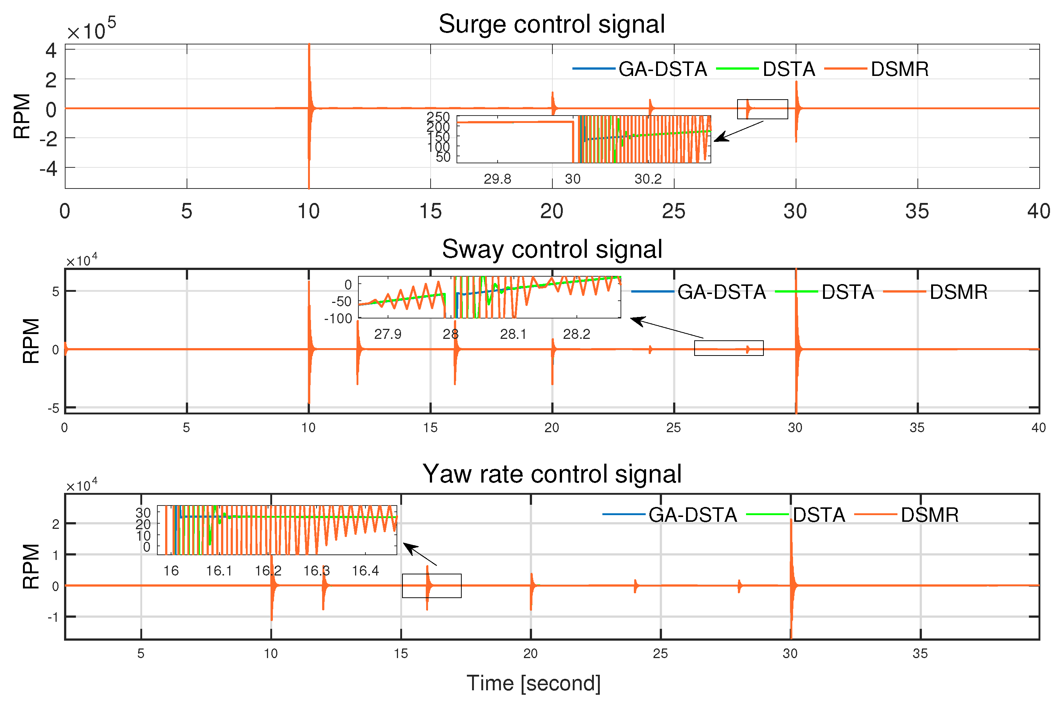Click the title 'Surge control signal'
point(552,24)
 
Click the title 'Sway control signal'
point(552,249)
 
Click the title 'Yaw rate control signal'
point(552,474)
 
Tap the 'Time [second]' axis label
point(534,683)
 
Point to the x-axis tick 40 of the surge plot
point(1039,211)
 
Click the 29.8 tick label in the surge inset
point(497,179)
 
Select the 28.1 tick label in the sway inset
point(513,334)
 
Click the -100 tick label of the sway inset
point(338,319)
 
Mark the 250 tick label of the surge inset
point(438,117)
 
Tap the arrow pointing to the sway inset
point(666,328)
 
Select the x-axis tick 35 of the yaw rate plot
point(920,654)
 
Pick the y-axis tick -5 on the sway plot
point(53,408)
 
